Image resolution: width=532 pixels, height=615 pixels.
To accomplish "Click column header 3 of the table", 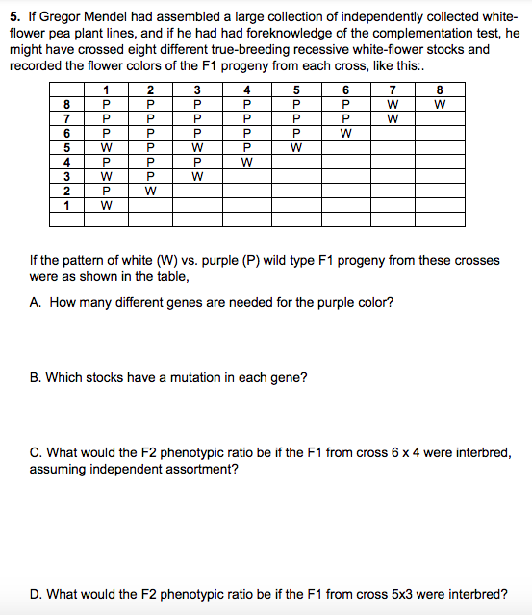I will [x=195, y=91].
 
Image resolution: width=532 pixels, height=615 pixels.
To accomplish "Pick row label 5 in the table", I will [x=67, y=148].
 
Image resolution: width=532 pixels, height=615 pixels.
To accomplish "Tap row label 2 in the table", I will [x=67, y=191].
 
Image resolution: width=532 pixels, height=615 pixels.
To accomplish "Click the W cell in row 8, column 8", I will [x=440, y=106].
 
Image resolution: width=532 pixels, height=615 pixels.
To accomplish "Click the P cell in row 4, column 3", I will [x=195, y=163].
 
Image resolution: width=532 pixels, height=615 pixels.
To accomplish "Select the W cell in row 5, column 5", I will [x=296, y=148].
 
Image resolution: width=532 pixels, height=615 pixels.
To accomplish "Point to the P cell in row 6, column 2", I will [x=149, y=134].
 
